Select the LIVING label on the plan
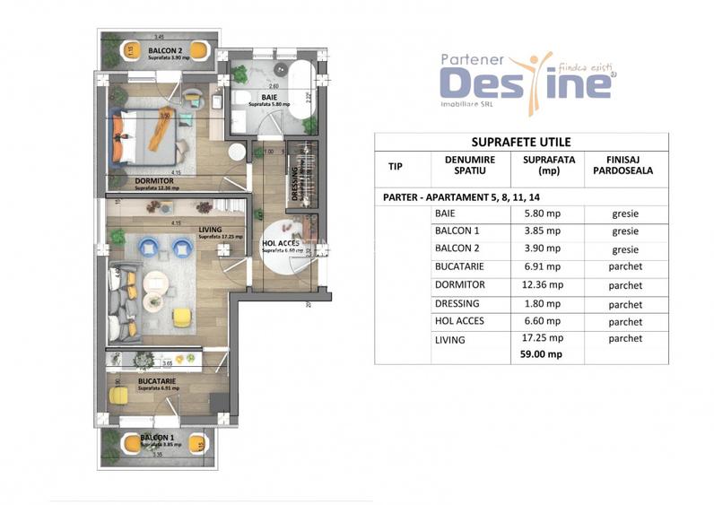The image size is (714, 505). point(208,229)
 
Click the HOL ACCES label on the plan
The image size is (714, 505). point(280,243)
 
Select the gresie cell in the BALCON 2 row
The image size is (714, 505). point(624,250)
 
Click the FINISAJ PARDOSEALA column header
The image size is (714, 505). point(624,168)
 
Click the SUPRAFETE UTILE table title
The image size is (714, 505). point(521,142)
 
